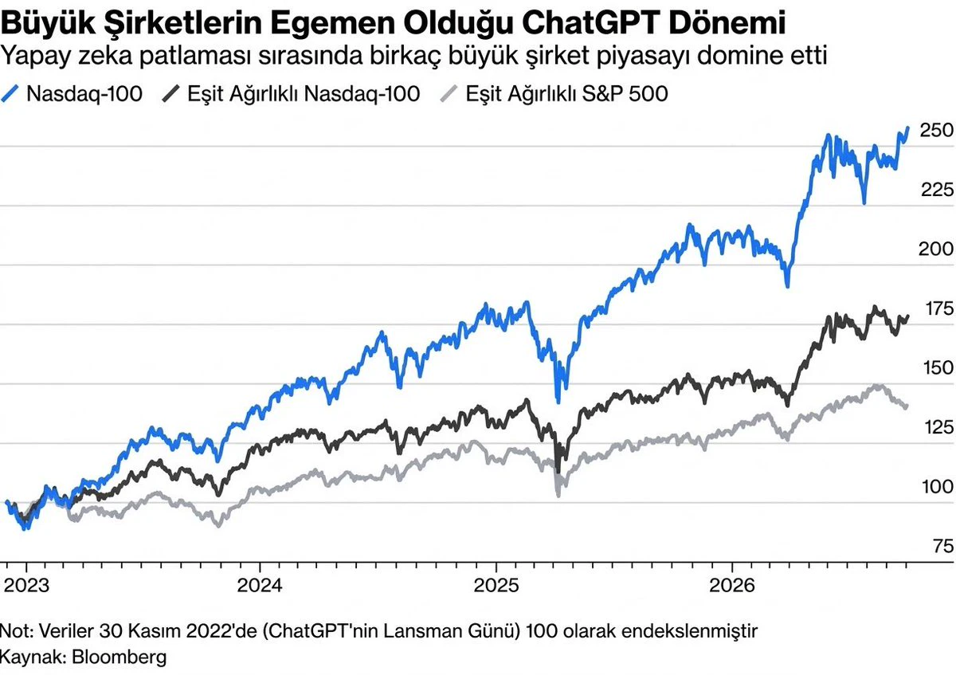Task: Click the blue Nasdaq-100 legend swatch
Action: pos(10,93)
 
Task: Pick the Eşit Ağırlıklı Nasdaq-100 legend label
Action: pos(304,94)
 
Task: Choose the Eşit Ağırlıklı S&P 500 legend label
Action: pos(566,94)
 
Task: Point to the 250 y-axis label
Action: pos(936,130)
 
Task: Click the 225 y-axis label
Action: pos(936,190)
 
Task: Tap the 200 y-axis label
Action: pos(936,249)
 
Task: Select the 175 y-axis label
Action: pos(939,308)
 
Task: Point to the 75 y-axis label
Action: pos(943,546)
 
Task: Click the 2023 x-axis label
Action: pos(26,585)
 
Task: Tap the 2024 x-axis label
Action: pos(260,585)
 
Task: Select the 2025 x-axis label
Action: pos(496,585)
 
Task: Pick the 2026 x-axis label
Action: pos(732,585)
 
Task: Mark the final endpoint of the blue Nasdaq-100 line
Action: pos(907,128)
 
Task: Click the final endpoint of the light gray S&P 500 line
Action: pos(906,406)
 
